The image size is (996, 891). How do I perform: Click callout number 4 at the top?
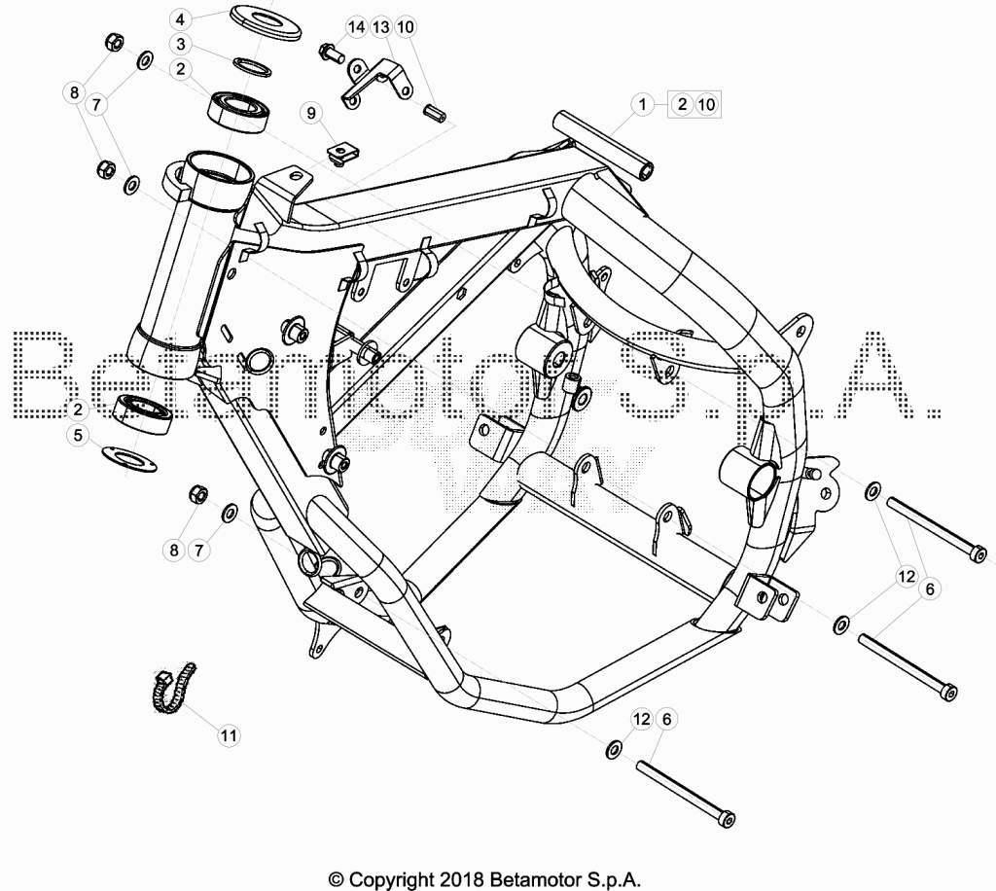click(180, 19)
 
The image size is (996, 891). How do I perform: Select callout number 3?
click(181, 44)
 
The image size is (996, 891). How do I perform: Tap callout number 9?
click(311, 113)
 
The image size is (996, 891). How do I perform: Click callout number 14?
click(356, 26)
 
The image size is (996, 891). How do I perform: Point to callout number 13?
click(380, 26)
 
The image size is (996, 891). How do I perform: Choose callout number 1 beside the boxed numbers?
click(642, 103)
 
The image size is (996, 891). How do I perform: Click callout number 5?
click(78, 435)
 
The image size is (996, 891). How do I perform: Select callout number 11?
click(229, 735)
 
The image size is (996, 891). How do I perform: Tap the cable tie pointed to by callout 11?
click(173, 688)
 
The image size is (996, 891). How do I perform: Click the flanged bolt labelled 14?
click(331, 53)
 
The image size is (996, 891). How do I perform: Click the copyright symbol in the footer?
click(337, 879)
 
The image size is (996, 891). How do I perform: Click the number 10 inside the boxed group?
click(706, 104)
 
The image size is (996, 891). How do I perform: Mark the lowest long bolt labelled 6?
click(686, 794)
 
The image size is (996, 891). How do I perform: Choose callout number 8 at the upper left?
click(74, 92)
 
